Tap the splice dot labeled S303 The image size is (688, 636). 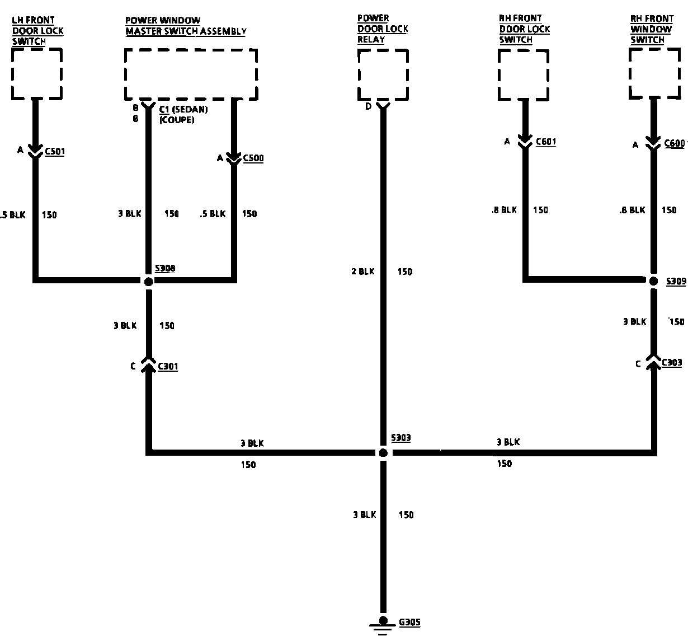(383, 453)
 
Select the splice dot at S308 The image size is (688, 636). (148, 282)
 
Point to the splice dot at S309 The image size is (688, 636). (653, 281)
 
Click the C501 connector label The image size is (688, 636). (54, 151)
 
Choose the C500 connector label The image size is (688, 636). (253, 158)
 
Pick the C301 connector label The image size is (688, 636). (168, 367)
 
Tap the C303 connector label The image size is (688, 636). (672, 363)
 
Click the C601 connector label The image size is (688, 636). (546, 142)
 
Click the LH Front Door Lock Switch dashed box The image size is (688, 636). (37, 73)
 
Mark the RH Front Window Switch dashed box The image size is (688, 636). (655, 73)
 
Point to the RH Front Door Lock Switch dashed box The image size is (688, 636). (524, 74)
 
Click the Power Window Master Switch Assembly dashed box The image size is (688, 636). (191, 74)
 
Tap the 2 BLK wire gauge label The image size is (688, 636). (362, 272)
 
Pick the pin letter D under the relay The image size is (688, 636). (368, 106)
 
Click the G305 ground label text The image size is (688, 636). (410, 622)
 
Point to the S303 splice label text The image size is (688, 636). (400, 438)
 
